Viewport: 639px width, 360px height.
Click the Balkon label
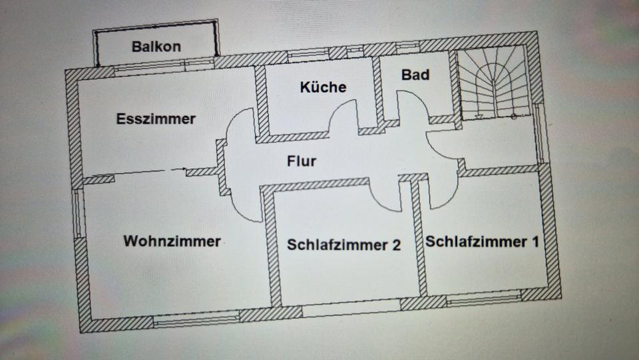[x=156, y=47]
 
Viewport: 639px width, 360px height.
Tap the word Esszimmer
[x=156, y=119]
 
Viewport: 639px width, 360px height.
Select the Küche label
[x=323, y=87]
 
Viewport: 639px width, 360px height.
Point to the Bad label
[x=415, y=75]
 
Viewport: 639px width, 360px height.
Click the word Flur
[x=301, y=161]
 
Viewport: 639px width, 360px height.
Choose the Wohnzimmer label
[x=172, y=241]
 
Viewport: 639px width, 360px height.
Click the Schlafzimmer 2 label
[x=343, y=245]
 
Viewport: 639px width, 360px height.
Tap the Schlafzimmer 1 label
[x=482, y=241]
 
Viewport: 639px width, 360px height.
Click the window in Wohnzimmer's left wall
[x=79, y=213]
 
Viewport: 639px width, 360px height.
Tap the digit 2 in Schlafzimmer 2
[x=396, y=245]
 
